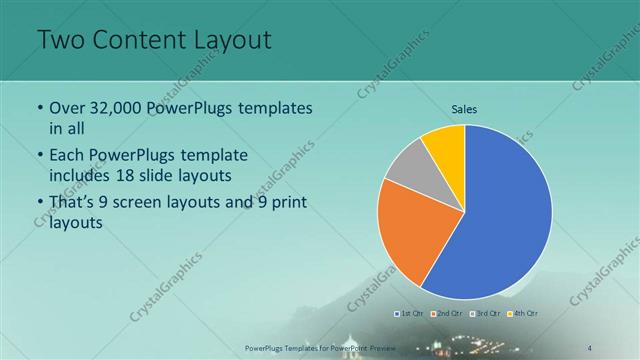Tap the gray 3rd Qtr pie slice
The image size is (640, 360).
[409, 167]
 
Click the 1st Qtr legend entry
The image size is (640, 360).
[410, 314]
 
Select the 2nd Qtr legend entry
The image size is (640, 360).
[447, 314]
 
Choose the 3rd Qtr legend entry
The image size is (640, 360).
[485, 314]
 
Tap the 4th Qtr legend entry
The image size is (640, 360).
[523, 314]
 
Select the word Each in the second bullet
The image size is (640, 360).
[69, 155]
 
